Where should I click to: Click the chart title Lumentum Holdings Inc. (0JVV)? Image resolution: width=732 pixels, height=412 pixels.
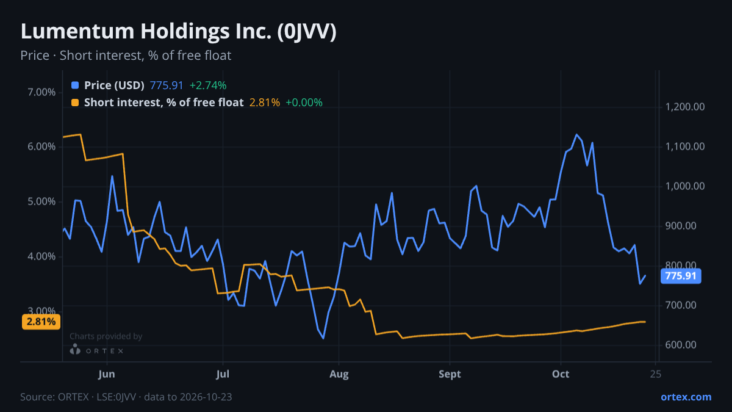[178, 32]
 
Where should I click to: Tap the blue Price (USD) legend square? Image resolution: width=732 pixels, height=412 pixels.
[75, 85]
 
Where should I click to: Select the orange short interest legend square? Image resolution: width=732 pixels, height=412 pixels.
[75, 103]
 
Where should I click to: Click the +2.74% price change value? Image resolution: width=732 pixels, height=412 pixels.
[208, 85]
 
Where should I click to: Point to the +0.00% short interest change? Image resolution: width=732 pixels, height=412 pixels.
[304, 103]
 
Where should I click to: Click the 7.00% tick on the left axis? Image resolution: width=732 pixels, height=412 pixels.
[41, 92]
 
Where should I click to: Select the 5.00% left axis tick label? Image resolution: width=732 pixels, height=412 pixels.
[41, 201]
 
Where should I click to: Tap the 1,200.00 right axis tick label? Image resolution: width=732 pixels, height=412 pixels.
[685, 107]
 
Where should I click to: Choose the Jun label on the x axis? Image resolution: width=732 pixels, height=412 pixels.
[107, 374]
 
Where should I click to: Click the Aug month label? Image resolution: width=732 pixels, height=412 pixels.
[339, 374]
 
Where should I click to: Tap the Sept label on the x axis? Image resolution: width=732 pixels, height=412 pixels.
[450, 374]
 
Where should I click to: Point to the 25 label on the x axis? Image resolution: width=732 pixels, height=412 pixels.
[656, 374]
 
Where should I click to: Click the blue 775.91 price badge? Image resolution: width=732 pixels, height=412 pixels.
[681, 276]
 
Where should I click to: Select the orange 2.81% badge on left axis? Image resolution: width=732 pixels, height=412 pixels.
[41, 322]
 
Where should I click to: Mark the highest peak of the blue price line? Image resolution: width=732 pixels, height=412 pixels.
[576, 134]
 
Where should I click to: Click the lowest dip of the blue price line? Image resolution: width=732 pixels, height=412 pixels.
[323, 338]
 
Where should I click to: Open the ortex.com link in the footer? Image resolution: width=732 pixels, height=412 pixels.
[686, 397]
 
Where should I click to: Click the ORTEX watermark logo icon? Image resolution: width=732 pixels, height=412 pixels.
[75, 349]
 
